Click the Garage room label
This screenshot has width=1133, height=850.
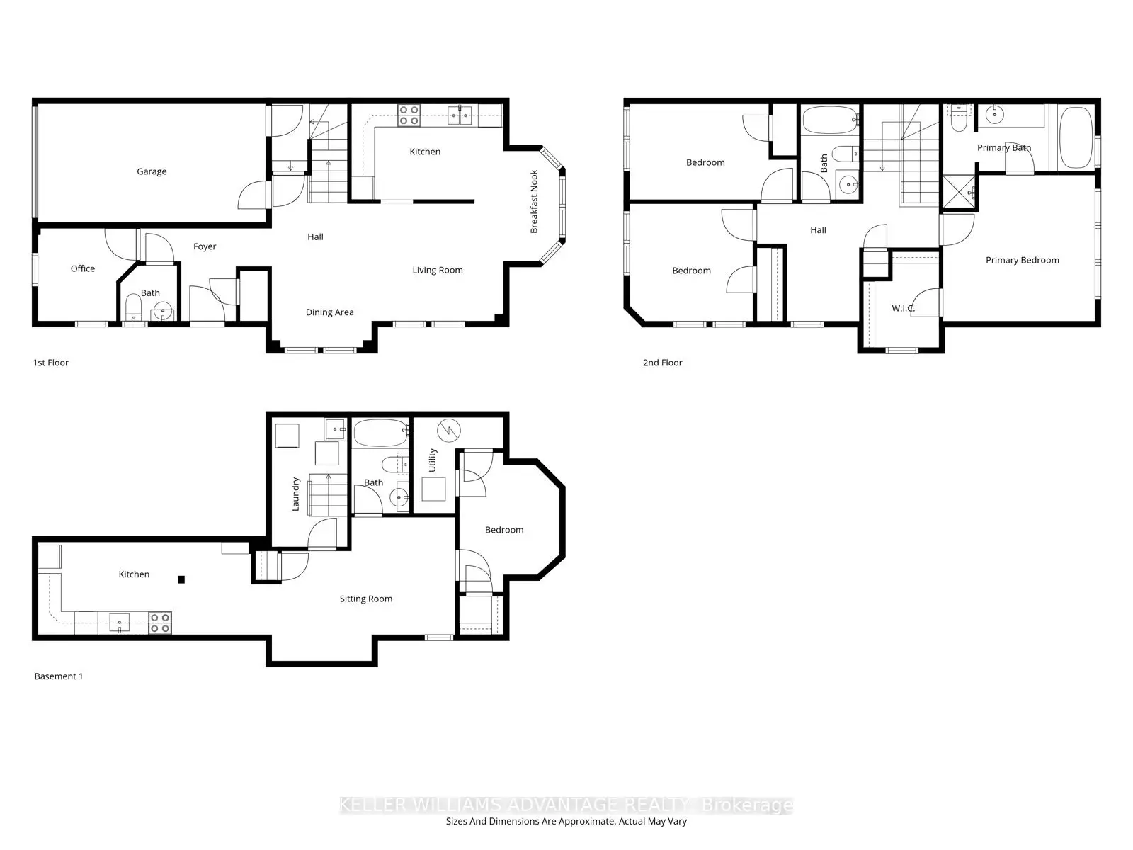click(x=152, y=171)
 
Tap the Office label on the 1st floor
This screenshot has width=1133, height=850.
click(x=83, y=268)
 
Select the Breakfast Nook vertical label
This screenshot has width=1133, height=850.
click(x=535, y=202)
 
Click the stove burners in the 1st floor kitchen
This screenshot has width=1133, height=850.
click(x=409, y=115)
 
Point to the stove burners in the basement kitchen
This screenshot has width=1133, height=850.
click(x=160, y=623)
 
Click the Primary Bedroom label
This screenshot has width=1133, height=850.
click(x=1022, y=260)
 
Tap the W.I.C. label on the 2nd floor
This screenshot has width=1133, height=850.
click(x=903, y=308)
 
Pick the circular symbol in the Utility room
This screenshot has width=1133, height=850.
click(x=449, y=430)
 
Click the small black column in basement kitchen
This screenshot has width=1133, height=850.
click(x=181, y=579)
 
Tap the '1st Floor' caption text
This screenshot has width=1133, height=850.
click(x=51, y=363)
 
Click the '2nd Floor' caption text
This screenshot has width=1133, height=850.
click(x=662, y=363)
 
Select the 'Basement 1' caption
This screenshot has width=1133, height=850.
click(x=59, y=676)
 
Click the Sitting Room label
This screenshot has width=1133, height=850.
click(x=365, y=599)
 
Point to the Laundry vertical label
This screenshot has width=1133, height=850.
click(x=296, y=494)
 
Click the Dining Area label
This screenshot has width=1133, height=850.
click(x=329, y=312)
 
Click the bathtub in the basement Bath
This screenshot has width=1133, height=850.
click(x=380, y=433)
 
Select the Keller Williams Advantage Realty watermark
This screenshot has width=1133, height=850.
click(x=566, y=805)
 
